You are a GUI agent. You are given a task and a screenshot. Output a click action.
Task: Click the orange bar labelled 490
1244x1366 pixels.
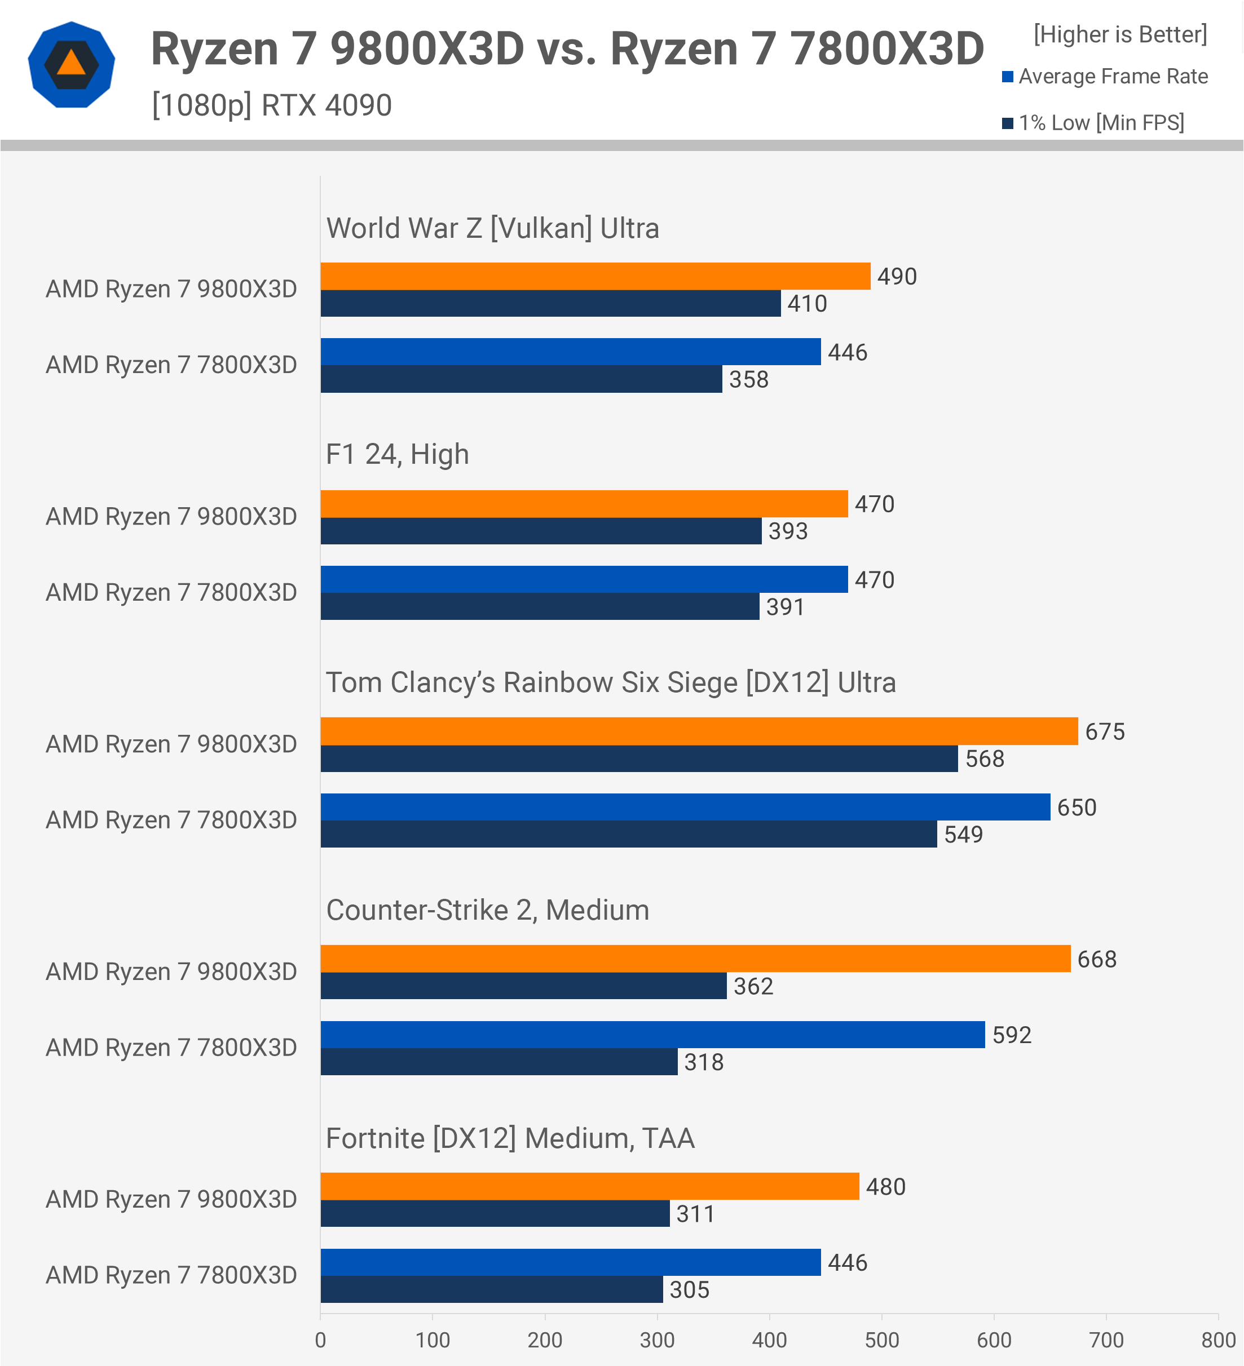click(595, 277)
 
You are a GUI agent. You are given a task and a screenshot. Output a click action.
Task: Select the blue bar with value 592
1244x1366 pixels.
click(652, 1035)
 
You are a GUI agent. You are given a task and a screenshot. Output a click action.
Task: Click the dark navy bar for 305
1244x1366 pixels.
click(492, 1289)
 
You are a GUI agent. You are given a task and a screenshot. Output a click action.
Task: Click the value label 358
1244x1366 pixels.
click(748, 379)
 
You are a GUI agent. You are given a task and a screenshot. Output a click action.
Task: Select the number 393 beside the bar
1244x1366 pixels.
click(788, 531)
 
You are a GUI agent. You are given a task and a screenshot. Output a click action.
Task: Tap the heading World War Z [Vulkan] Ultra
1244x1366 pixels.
click(493, 228)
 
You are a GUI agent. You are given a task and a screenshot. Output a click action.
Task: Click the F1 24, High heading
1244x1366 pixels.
click(397, 455)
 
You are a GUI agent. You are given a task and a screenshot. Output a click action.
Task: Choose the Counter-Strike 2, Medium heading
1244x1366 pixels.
click(487, 910)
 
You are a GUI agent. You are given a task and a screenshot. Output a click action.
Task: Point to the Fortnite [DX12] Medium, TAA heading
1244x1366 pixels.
click(510, 1138)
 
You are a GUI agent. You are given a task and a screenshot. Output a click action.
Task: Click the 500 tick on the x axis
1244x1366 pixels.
click(881, 1340)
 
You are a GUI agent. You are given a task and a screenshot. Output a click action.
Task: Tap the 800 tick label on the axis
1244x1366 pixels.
click(1218, 1340)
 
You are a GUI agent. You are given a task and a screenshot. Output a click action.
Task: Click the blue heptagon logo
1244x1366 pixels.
click(72, 64)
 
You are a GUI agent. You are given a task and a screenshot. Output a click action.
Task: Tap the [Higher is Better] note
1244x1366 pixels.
click(1120, 34)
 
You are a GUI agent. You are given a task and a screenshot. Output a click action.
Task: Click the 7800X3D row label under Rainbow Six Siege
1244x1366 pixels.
click(171, 821)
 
